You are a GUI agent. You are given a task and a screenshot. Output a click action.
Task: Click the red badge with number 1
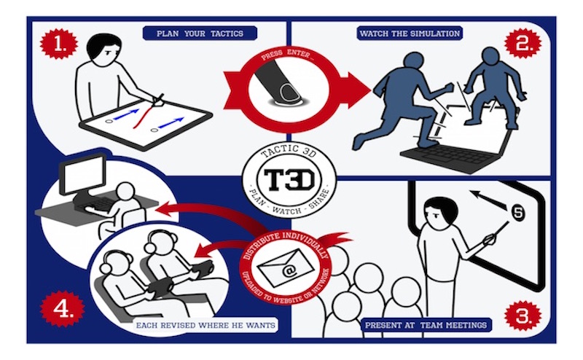coord(59,44)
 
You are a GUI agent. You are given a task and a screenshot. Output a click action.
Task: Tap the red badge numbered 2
coord(523,43)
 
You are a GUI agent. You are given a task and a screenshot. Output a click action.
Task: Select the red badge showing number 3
coord(523,316)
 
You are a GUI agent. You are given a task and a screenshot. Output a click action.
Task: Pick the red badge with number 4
coord(62,309)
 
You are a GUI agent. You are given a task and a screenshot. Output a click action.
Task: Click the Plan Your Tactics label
coord(200,34)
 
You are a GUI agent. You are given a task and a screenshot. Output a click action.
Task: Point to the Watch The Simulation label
coord(410,34)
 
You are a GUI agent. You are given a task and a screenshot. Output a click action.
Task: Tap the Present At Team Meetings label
coord(426,325)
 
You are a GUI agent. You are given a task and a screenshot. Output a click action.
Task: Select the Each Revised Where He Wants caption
coord(206,326)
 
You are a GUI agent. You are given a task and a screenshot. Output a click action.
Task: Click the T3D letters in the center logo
coord(289,180)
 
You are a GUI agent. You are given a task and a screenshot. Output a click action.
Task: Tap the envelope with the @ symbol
coord(286,267)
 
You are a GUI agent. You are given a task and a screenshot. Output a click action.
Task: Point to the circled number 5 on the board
coord(518,213)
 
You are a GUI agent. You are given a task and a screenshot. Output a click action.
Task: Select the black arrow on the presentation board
coord(488,200)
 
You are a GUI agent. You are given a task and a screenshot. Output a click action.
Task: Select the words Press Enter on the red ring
coord(287,55)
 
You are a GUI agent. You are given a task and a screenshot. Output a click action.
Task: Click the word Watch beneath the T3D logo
coord(286,211)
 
